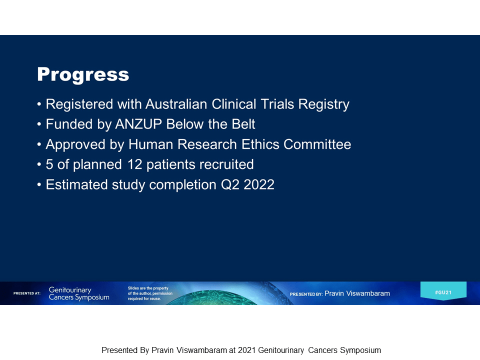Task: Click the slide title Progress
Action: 83,74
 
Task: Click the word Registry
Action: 324,104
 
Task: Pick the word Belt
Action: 243,124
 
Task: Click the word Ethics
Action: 260,144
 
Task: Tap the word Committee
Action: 317,144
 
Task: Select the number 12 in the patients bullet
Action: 134,164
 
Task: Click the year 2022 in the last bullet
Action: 259,185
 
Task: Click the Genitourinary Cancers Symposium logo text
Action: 79,293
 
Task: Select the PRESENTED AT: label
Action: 27,293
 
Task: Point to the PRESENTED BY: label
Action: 306,294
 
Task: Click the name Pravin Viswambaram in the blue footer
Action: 357,293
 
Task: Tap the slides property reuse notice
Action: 150,293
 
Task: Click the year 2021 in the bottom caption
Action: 246,350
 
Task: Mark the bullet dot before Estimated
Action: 39,185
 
